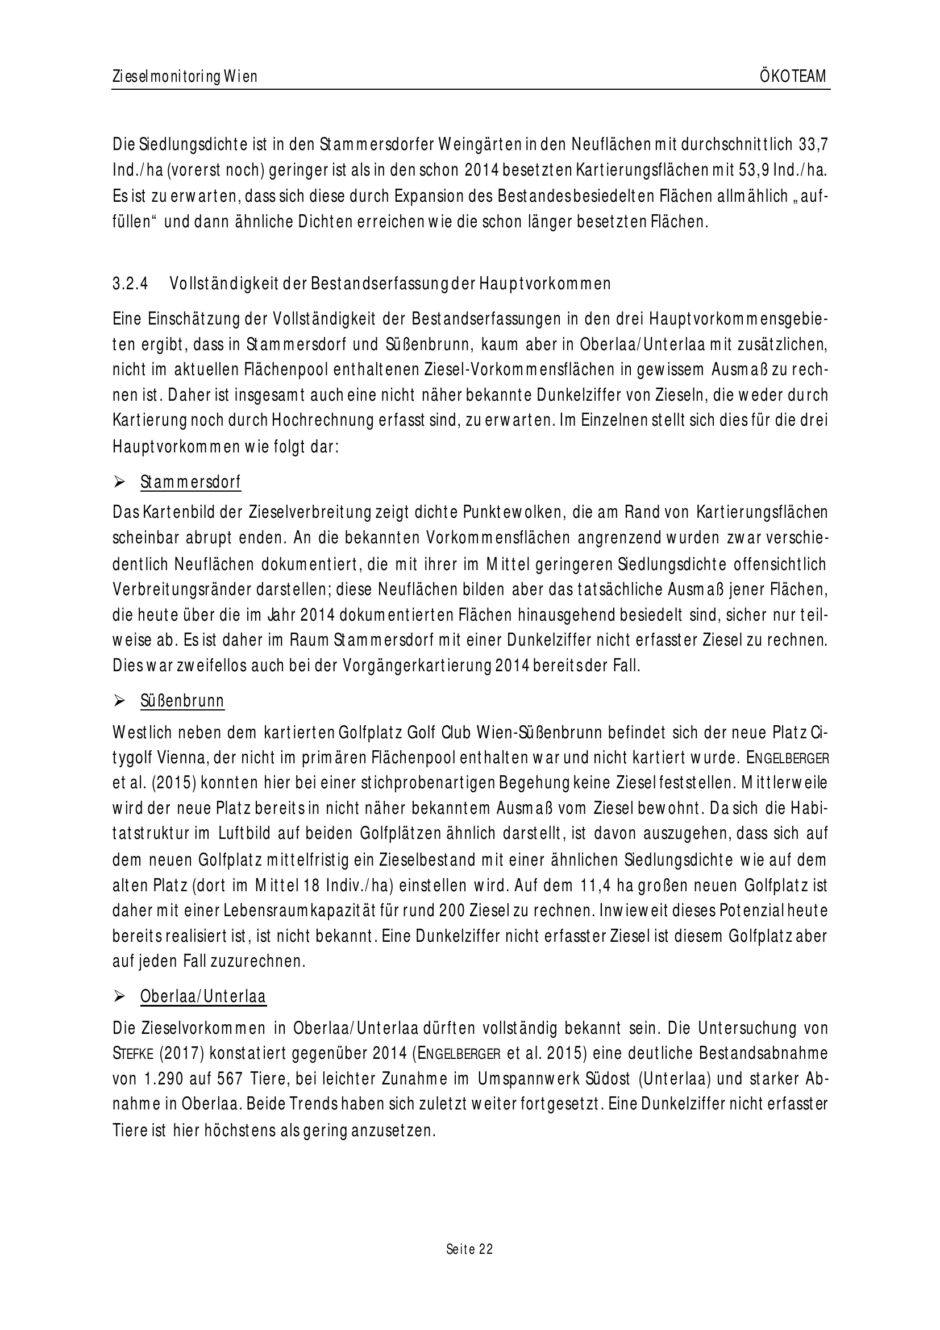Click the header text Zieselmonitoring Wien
[185, 77]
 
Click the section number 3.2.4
[131, 284]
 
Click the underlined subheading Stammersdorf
[190, 482]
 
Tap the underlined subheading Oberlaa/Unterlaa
[203, 997]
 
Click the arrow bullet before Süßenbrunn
[120, 701]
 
